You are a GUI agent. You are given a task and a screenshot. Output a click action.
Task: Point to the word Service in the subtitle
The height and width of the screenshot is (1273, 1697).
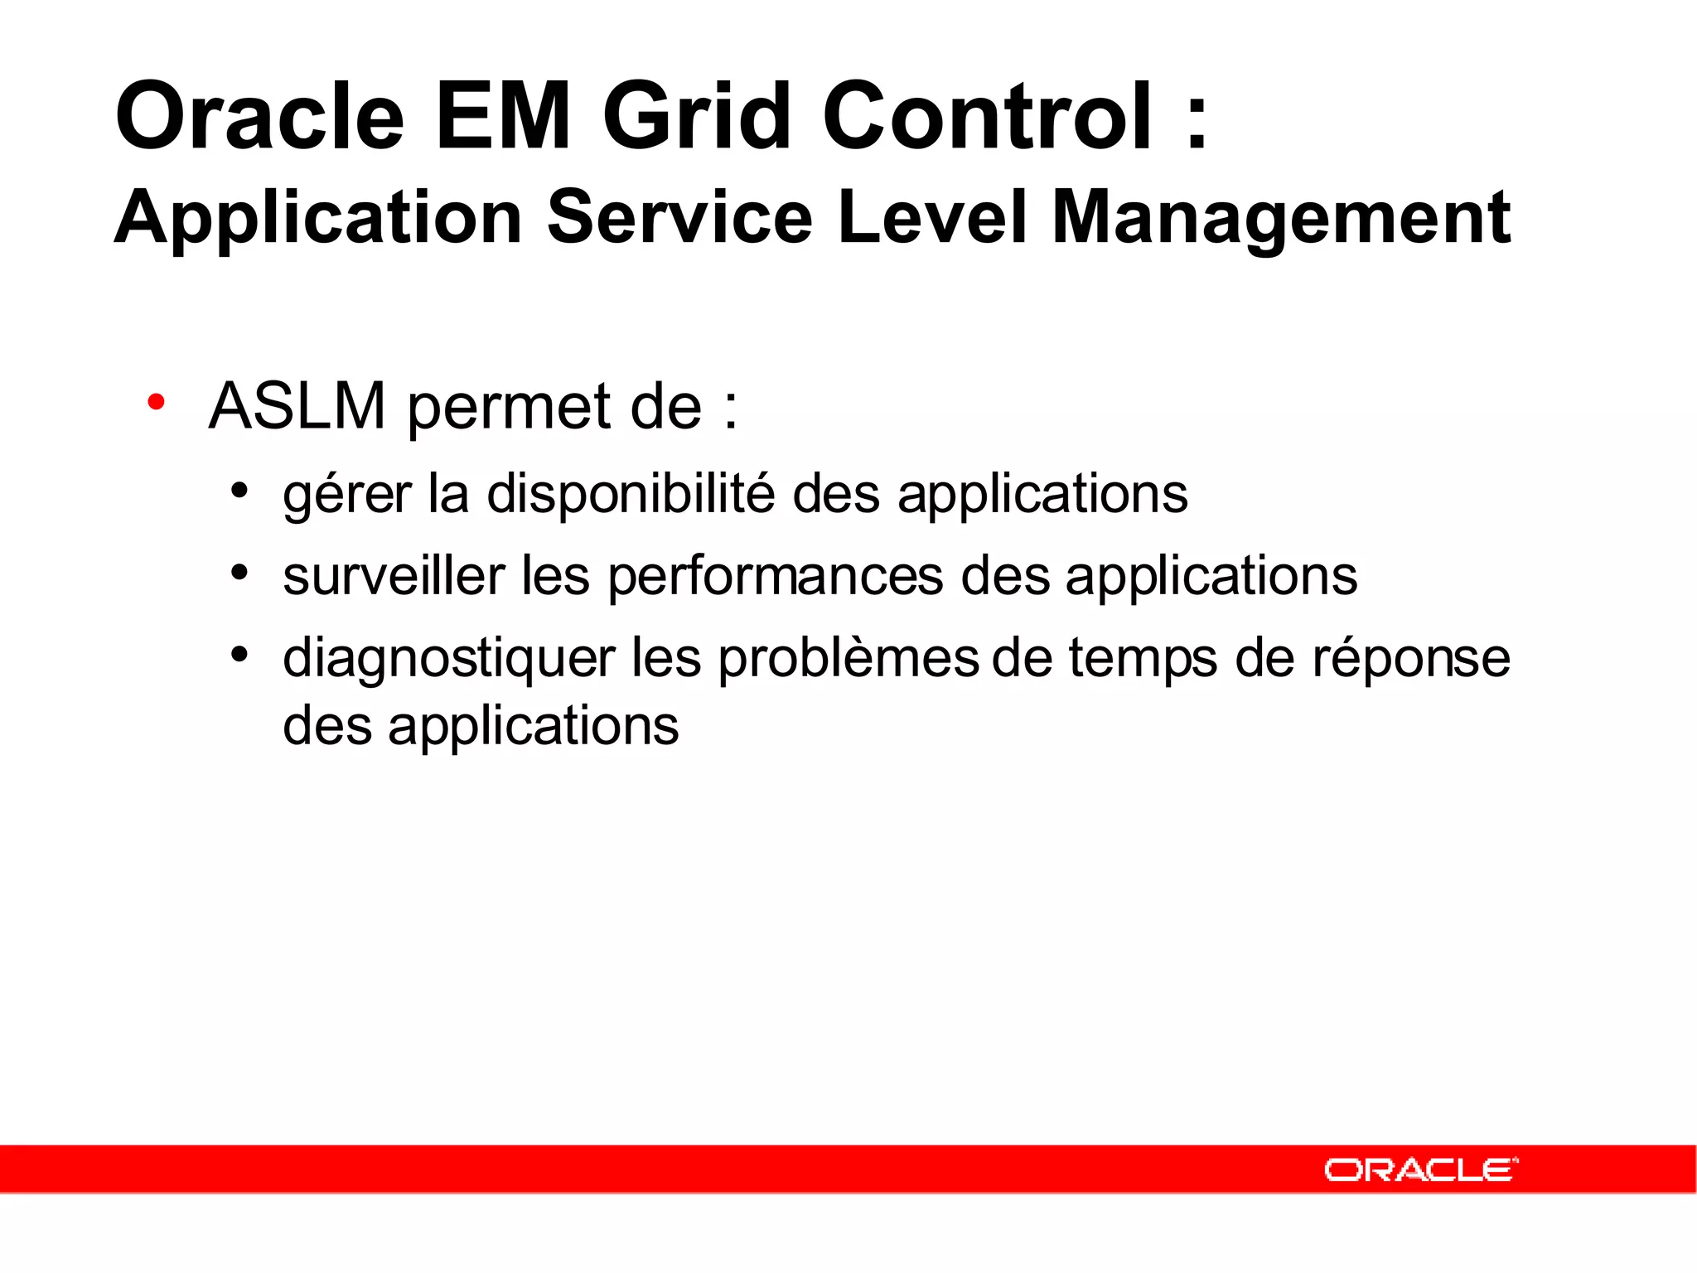[679, 217]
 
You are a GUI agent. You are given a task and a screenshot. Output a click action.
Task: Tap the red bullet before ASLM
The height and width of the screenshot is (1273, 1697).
[156, 403]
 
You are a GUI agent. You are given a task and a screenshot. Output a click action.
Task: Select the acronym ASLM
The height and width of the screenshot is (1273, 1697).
[297, 406]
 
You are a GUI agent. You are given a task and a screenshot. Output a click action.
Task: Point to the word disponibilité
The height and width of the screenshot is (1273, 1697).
[631, 495]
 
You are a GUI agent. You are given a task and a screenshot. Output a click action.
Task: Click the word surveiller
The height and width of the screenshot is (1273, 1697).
[394, 576]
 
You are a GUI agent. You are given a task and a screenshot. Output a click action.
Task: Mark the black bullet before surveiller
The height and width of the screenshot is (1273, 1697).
[239, 572]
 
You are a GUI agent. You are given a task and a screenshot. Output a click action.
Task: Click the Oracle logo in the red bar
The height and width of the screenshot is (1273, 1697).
[1420, 1169]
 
